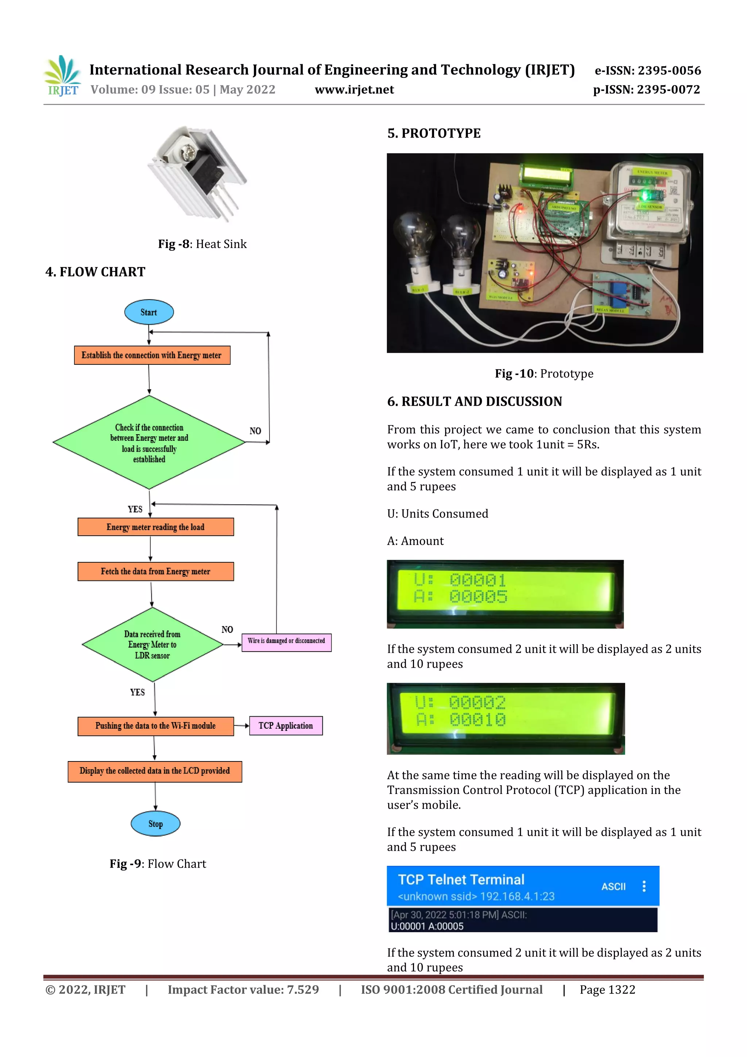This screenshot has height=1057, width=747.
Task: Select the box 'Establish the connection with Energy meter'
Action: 152,355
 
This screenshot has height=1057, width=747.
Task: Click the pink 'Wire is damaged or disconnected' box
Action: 286,641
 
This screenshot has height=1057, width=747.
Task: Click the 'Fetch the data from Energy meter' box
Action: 156,571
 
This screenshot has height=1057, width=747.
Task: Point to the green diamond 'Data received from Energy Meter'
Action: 152,644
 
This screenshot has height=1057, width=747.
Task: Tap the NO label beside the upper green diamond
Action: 255,431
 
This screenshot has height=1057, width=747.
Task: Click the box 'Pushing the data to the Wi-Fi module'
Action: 156,726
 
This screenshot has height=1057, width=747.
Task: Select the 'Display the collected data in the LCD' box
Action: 155,771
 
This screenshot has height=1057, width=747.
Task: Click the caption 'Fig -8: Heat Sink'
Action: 202,244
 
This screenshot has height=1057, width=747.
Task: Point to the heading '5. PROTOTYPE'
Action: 434,134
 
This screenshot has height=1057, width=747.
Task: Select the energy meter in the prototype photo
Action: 650,202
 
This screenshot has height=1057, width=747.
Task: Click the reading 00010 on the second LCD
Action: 477,720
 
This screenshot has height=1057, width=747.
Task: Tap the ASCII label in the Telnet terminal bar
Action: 613,886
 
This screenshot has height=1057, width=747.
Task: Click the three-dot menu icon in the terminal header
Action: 644,886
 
